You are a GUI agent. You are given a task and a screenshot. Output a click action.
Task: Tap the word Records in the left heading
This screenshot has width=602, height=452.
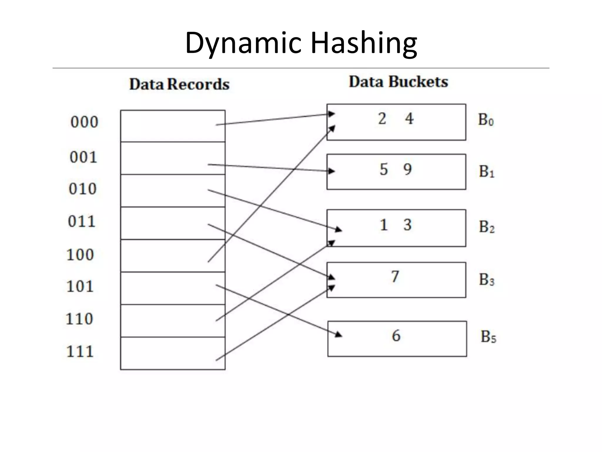[x=198, y=84]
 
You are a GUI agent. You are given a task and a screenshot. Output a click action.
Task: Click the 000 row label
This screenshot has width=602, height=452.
[x=84, y=122]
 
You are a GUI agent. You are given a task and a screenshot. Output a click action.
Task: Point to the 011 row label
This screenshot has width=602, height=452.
[x=82, y=221]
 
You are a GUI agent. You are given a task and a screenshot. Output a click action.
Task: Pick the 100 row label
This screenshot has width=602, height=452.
[x=80, y=255]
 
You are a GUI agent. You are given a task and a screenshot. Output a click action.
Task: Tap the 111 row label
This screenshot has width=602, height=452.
[x=80, y=351]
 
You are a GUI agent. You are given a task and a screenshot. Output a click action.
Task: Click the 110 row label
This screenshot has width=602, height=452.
[x=79, y=319]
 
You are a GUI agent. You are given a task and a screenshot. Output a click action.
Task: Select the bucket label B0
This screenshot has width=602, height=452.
[x=486, y=120]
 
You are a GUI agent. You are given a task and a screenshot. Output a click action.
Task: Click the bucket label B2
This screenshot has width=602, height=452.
[x=487, y=227]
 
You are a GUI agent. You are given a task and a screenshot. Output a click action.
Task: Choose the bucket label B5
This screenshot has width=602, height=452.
[x=488, y=337]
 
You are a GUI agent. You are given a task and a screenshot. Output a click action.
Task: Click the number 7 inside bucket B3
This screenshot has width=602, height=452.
[x=395, y=277]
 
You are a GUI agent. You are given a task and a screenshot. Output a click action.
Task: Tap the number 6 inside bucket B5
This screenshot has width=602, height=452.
[x=396, y=336]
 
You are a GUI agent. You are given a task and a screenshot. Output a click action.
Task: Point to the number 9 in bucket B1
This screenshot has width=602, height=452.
[x=407, y=169]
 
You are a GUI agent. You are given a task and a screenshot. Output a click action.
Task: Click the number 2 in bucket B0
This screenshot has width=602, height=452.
[x=382, y=119]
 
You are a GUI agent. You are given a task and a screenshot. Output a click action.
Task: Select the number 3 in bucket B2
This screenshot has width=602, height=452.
[x=407, y=225]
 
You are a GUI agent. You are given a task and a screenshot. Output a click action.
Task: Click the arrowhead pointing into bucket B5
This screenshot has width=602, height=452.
[x=339, y=334]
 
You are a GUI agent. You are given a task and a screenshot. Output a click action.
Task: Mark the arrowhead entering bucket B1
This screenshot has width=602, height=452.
[x=332, y=171]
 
